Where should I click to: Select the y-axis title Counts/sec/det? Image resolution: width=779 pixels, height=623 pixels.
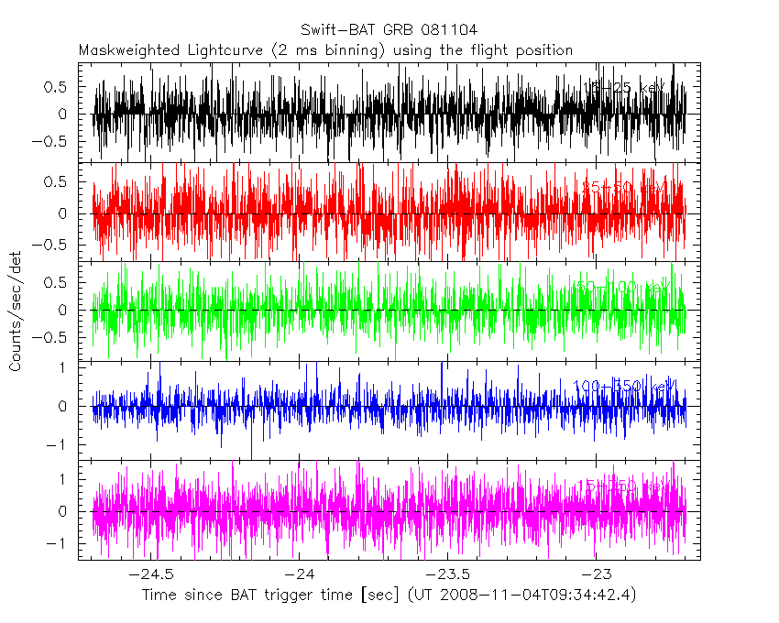pos(16,311)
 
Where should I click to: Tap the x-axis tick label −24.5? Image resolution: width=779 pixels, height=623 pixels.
pos(151,574)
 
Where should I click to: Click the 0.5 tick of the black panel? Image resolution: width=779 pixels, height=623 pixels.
pos(59,87)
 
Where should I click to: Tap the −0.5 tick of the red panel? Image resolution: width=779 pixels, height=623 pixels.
pos(55,245)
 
